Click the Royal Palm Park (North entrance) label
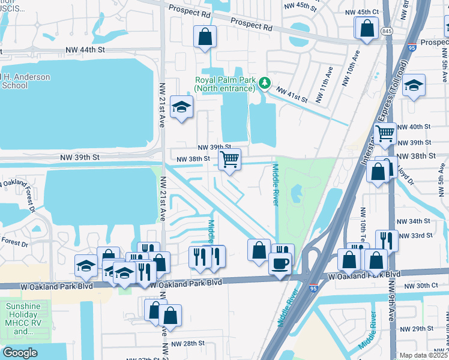224,85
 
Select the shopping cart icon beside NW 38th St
229,160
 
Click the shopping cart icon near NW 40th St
385,133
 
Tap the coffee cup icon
280,263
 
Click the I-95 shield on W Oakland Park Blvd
313,289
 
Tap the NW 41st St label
292,94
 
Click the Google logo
20,353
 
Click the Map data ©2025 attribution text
423,355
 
